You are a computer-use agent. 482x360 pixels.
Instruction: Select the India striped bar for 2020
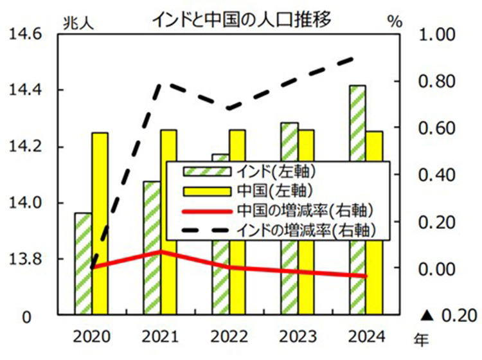coord(82,264)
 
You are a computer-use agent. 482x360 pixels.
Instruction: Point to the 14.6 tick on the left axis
coord(24,33)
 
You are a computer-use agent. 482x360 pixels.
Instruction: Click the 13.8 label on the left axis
coord(24,259)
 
